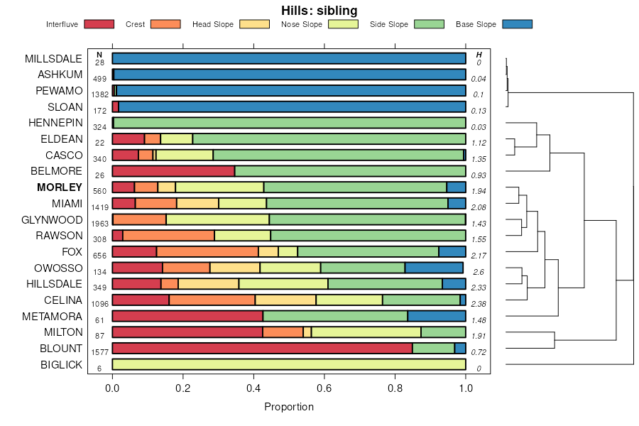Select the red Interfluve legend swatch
[99, 24]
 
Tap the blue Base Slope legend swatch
[517, 24]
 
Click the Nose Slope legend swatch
[343, 24]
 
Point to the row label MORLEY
[60, 187]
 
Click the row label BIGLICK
[61, 366]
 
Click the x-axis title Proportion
[289, 407]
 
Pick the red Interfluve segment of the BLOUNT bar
[262, 348]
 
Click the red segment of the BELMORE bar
[173, 171]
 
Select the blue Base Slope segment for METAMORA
[437, 316]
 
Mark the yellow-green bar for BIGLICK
[289, 364]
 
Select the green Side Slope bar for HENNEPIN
[290, 123]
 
